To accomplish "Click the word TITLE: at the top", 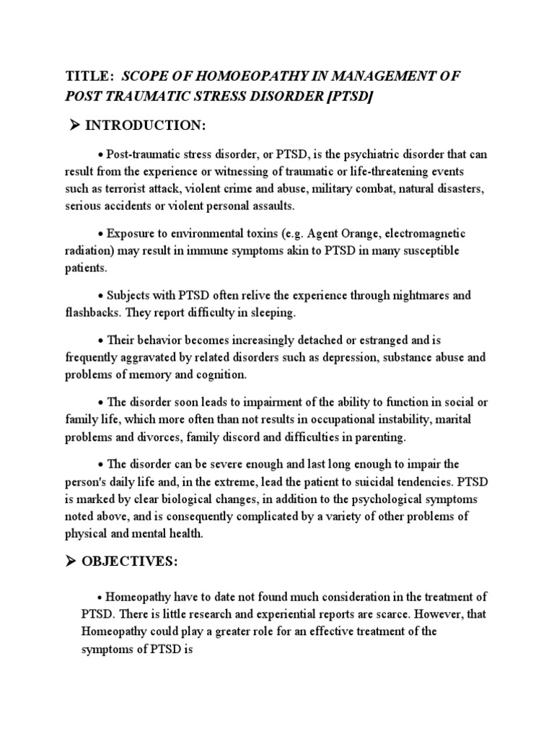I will point(89,76).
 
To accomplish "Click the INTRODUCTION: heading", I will point(146,126).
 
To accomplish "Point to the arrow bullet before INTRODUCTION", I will point(73,126).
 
